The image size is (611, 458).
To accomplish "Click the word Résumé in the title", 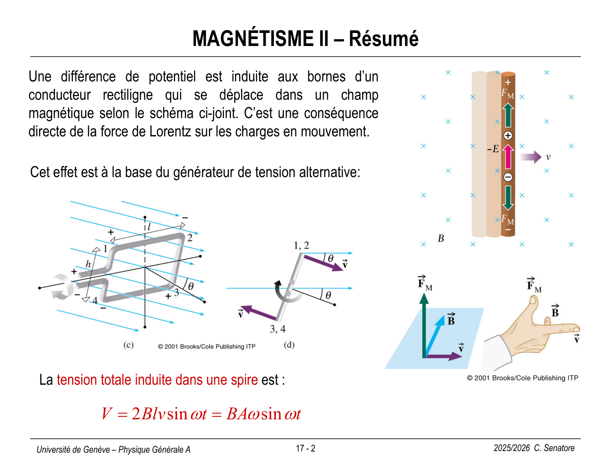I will click(x=383, y=39).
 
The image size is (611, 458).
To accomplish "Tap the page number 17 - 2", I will click(x=305, y=449).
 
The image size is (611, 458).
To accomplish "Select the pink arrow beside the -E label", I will click(x=508, y=157).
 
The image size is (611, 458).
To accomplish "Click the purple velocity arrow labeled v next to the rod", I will click(x=530, y=157).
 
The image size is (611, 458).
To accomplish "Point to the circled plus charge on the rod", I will click(x=508, y=136).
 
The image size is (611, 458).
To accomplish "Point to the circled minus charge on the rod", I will click(x=508, y=177).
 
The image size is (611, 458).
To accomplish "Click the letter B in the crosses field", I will click(x=441, y=239).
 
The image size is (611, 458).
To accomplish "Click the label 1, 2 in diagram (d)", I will click(x=301, y=245).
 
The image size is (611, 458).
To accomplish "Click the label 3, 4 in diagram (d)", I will click(x=278, y=329).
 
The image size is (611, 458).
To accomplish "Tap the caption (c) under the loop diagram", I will click(x=128, y=345).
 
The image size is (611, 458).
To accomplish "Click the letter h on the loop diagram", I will click(x=88, y=264).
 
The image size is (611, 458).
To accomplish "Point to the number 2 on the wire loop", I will click(x=190, y=238).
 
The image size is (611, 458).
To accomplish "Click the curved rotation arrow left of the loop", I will click(x=62, y=287).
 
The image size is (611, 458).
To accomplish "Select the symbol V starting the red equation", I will click(x=107, y=414).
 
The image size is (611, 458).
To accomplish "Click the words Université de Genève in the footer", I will click(x=73, y=449).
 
